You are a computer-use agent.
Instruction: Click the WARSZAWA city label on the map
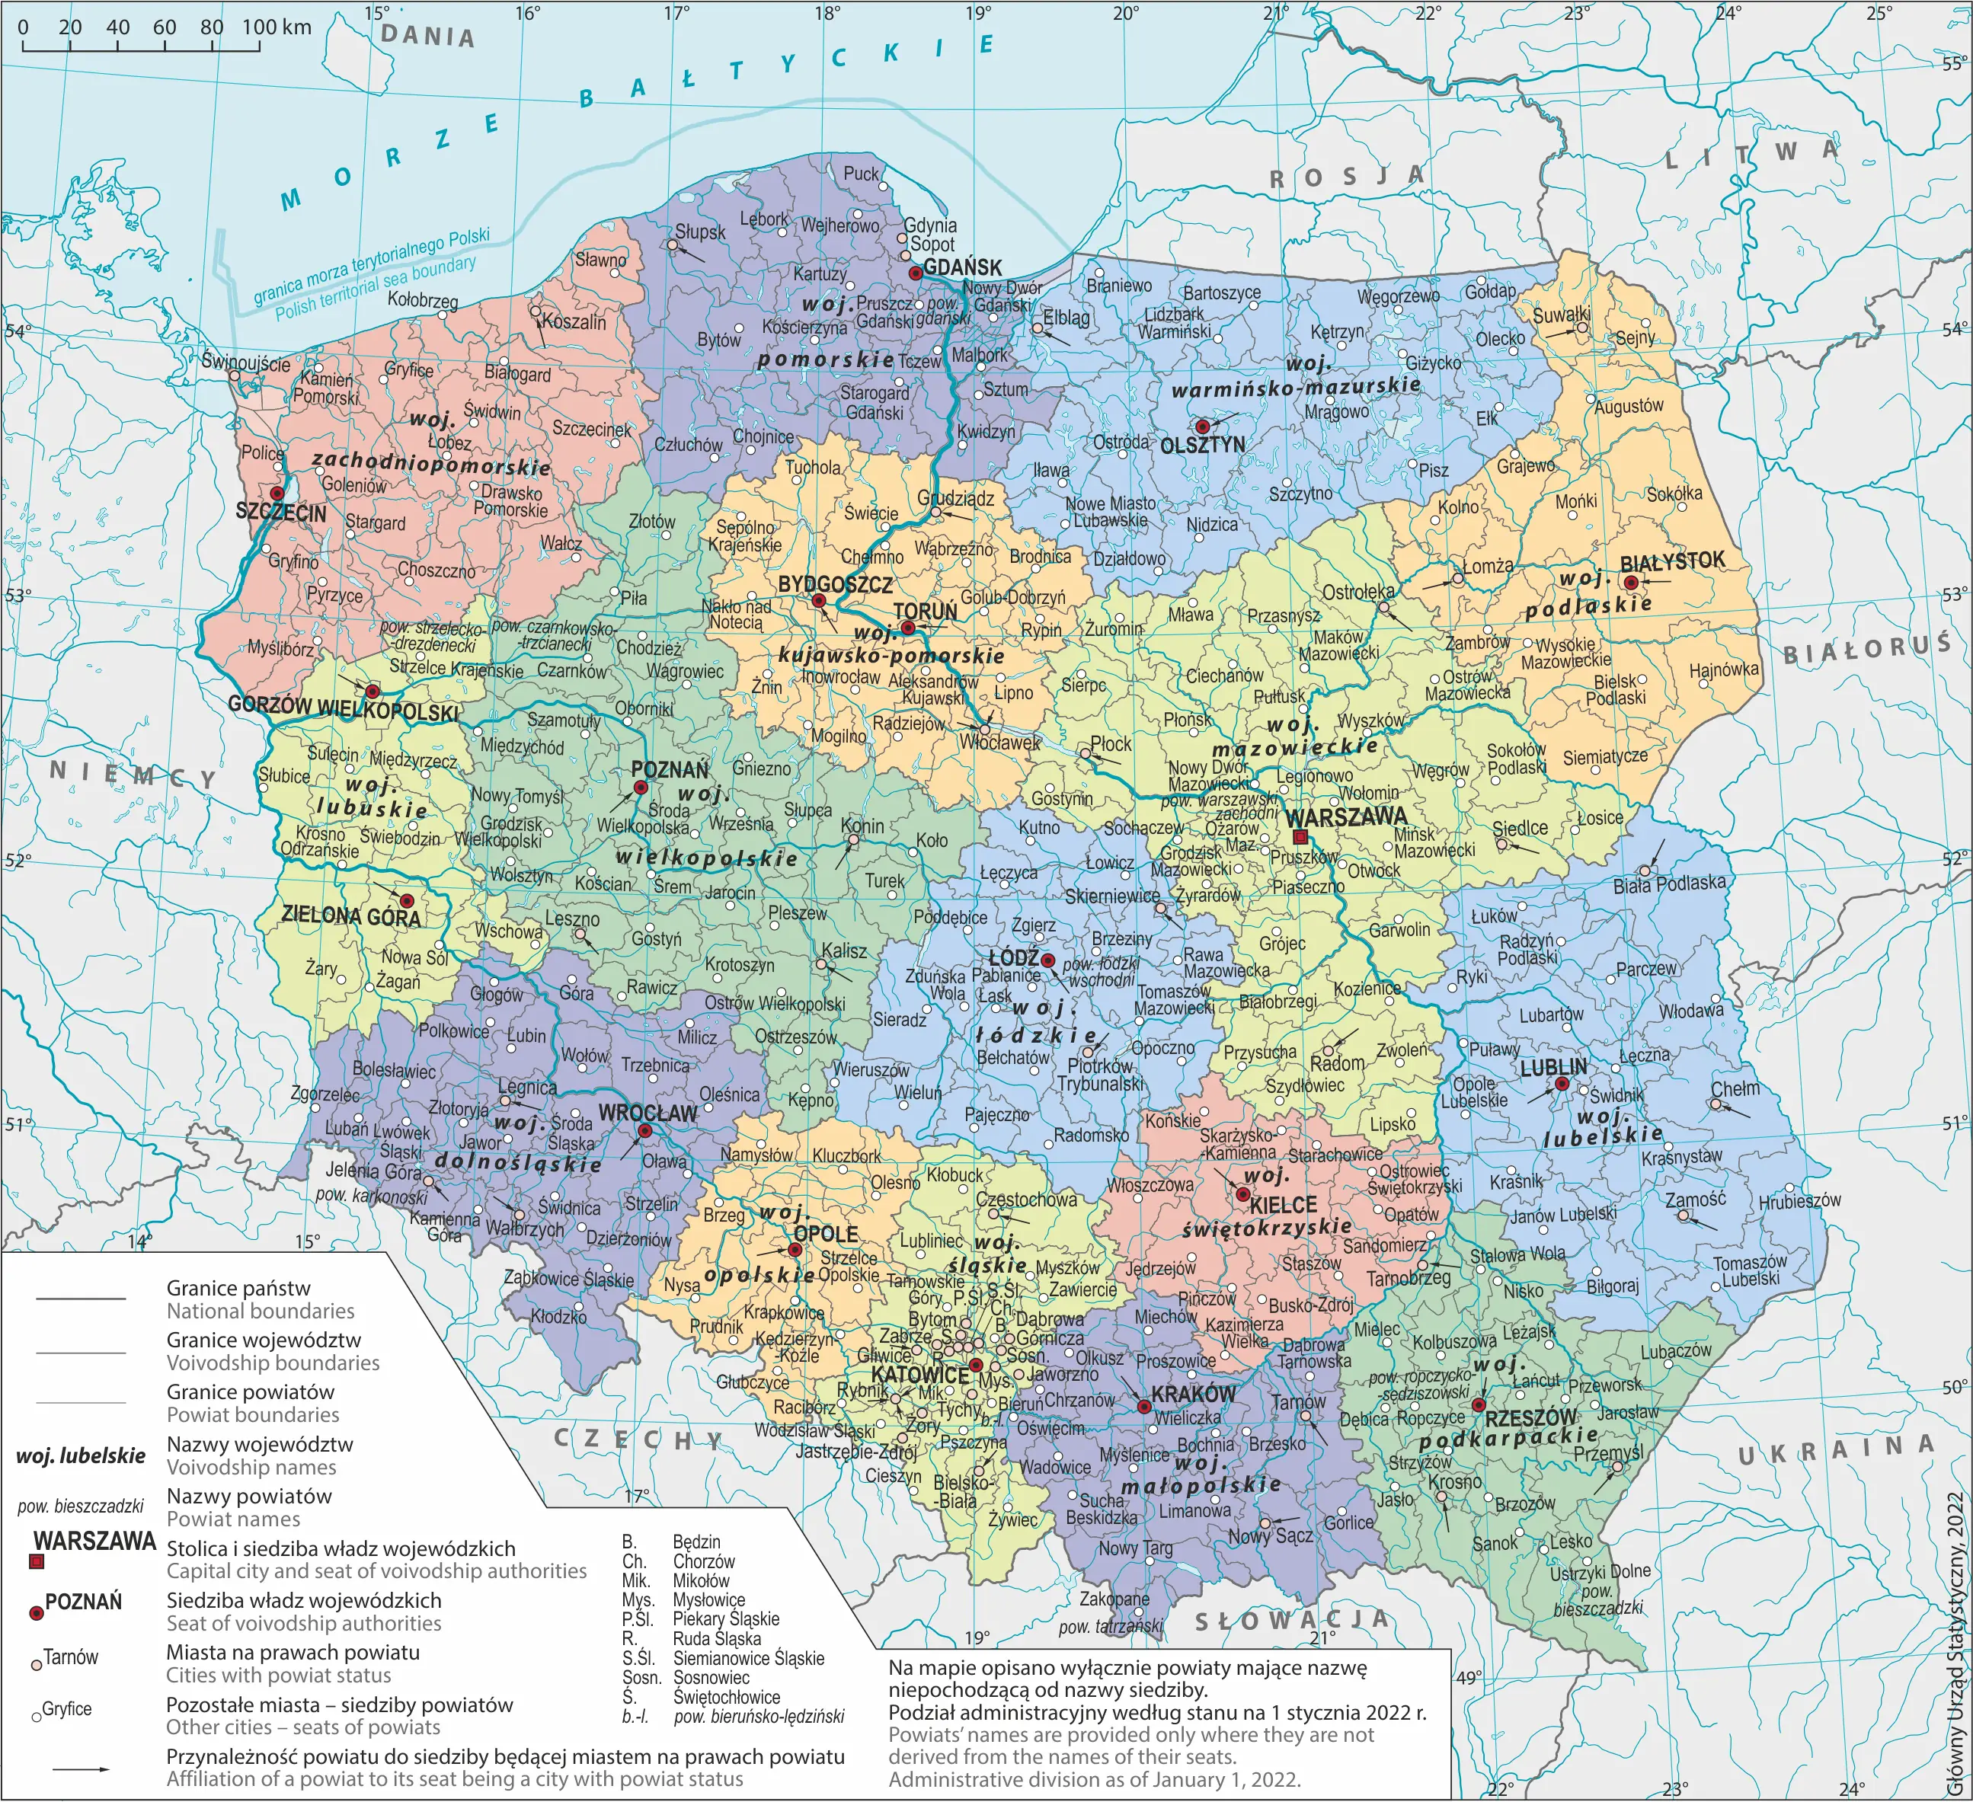pos(1347,817)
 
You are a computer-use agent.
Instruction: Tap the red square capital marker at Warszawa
pos(1300,839)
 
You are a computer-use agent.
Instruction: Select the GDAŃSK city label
pos(962,267)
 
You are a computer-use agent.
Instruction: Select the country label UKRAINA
pos(1836,1451)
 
